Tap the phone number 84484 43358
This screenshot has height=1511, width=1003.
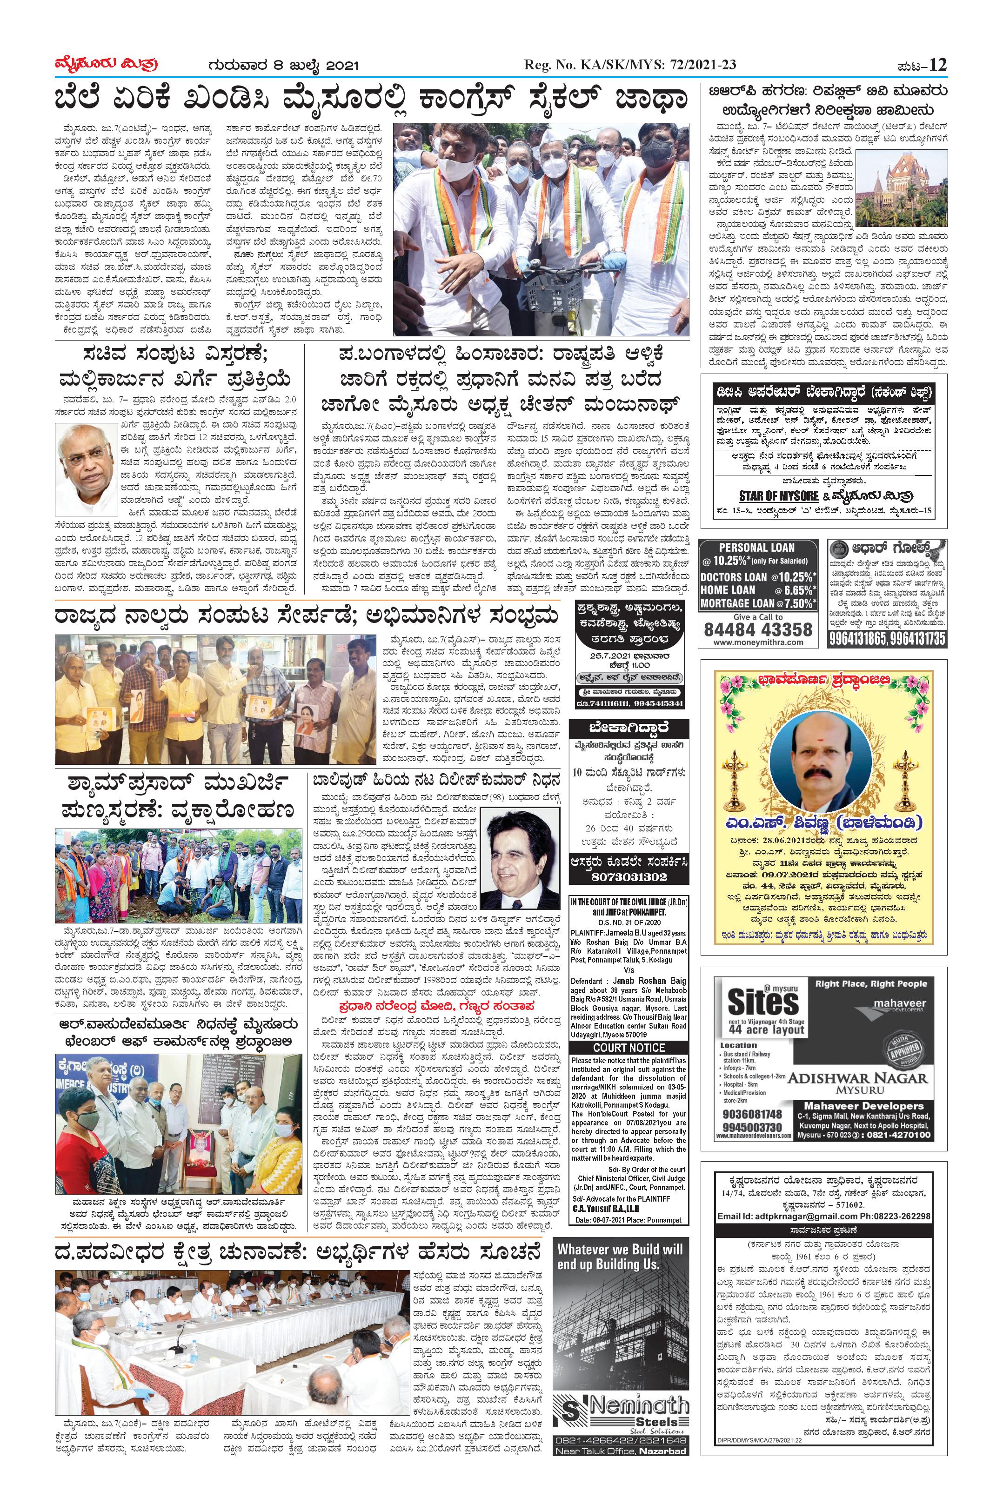point(757,629)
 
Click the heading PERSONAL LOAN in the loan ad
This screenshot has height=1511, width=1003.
point(757,548)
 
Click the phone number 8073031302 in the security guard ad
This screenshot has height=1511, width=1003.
point(629,877)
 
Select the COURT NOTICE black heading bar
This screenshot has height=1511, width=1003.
point(629,1048)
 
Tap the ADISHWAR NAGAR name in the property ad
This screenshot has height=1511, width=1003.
point(856,1078)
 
